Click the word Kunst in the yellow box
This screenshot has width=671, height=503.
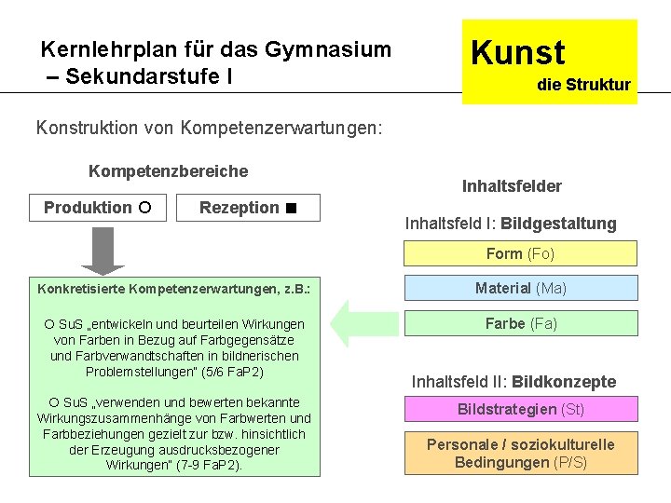point(518,52)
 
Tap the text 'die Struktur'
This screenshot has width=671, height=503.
point(583,85)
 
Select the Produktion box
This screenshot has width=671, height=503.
point(100,208)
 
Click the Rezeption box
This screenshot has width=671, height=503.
point(248,208)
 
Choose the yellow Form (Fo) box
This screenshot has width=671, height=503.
point(520,253)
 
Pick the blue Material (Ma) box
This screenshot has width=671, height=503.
point(520,289)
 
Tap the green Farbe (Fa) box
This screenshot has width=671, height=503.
point(520,323)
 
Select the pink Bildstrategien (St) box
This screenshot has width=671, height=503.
point(520,409)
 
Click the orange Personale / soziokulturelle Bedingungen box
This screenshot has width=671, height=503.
point(520,454)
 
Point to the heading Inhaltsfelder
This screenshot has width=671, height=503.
point(512,186)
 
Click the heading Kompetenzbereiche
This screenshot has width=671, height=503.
point(168,171)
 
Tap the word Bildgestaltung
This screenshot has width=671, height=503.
point(558,224)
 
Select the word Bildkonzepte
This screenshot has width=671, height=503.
point(564,382)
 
